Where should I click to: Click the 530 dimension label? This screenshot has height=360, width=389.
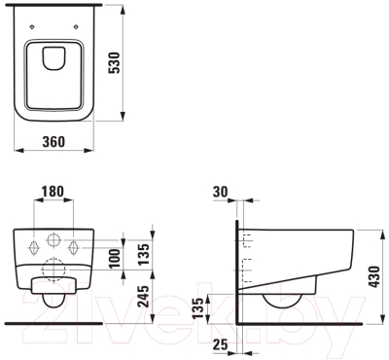[x=116, y=63]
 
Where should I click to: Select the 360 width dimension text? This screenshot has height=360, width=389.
[x=53, y=142]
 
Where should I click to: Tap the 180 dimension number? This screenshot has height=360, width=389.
[x=53, y=192]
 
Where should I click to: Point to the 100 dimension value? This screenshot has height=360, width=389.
[x=115, y=259]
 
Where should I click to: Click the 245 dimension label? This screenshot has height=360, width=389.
[x=143, y=296]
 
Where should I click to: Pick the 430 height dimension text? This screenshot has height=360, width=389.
[x=374, y=276]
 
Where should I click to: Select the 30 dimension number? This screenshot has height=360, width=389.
[x=221, y=192]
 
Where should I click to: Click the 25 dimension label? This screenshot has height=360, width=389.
[x=221, y=344]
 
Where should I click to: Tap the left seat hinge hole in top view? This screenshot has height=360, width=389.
[x=32, y=27]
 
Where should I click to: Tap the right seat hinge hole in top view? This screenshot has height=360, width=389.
[x=76, y=27]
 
